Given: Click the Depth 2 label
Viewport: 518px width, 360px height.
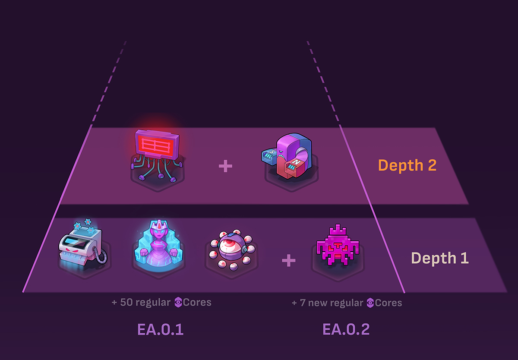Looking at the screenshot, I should (x=407, y=165).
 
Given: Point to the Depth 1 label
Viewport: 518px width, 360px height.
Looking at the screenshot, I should (x=440, y=258).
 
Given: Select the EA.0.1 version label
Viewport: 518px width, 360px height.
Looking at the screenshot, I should (x=160, y=330).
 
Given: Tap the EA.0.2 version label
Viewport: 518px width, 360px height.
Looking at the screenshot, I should (x=346, y=330).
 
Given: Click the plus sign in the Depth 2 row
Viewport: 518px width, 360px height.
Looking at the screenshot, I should (x=225, y=166).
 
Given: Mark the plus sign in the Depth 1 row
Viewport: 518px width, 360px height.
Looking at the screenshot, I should (x=288, y=260).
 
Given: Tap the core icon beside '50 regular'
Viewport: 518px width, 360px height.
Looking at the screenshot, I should (x=178, y=303).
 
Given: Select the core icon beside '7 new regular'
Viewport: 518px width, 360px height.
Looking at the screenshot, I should (x=370, y=303).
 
